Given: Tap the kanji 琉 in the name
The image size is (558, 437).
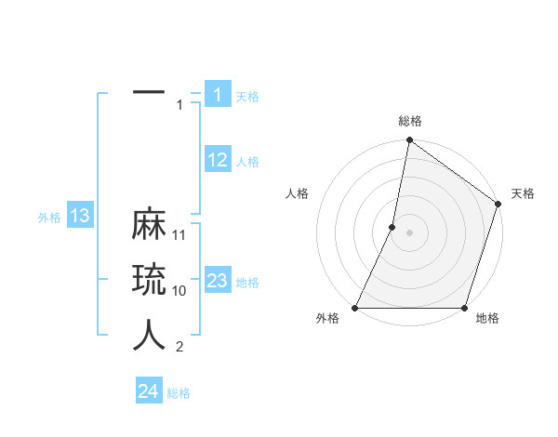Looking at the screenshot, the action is (149, 281).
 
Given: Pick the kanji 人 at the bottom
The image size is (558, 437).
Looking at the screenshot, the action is (149, 336).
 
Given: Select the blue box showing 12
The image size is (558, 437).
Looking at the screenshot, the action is (217, 160).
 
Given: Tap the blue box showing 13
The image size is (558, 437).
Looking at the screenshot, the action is (80, 217).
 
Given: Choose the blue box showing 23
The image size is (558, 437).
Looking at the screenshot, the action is (217, 281).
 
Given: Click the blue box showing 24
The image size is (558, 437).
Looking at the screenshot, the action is (149, 391).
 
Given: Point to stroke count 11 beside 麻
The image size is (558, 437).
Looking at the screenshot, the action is (180, 234).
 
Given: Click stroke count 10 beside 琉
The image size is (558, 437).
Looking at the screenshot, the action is (180, 290).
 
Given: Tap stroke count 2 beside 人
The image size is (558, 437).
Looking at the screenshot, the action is (179, 347).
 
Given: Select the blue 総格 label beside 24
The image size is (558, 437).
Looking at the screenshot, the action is (179, 393).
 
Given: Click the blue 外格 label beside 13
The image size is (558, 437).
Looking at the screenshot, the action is (49, 218).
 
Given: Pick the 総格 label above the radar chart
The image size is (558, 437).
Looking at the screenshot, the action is (410, 121).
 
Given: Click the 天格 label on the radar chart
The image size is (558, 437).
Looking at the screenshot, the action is (523, 193).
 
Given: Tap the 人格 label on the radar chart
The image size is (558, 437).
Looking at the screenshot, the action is (297, 193).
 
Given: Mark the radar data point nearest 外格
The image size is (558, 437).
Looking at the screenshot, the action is (355, 308).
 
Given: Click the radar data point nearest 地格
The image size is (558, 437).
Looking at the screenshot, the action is (464, 308).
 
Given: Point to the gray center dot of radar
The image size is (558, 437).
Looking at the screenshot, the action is (409, 232).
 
